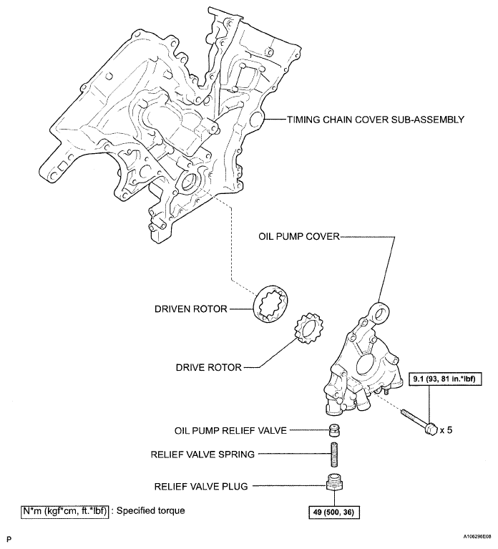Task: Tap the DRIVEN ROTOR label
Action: (190, 309)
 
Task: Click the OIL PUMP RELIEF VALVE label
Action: (230, 431)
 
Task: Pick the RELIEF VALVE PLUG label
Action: (201, 486)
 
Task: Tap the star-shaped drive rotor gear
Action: (311, 331)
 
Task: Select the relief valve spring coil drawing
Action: (333, 454)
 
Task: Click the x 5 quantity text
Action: (446, 430)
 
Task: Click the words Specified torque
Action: (150, 511)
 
